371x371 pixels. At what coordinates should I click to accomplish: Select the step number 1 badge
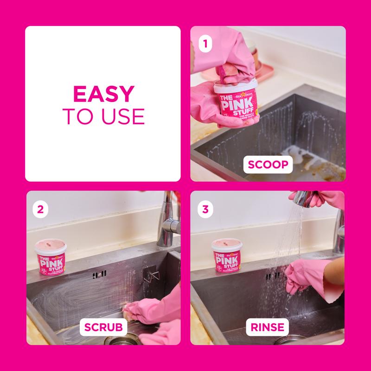(x=204, y=45)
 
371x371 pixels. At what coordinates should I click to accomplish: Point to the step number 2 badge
(x=40, y=209)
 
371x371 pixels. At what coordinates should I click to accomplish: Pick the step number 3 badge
(x=204, y=209)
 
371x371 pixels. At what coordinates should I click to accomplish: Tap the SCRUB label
(x=103, y=327)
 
